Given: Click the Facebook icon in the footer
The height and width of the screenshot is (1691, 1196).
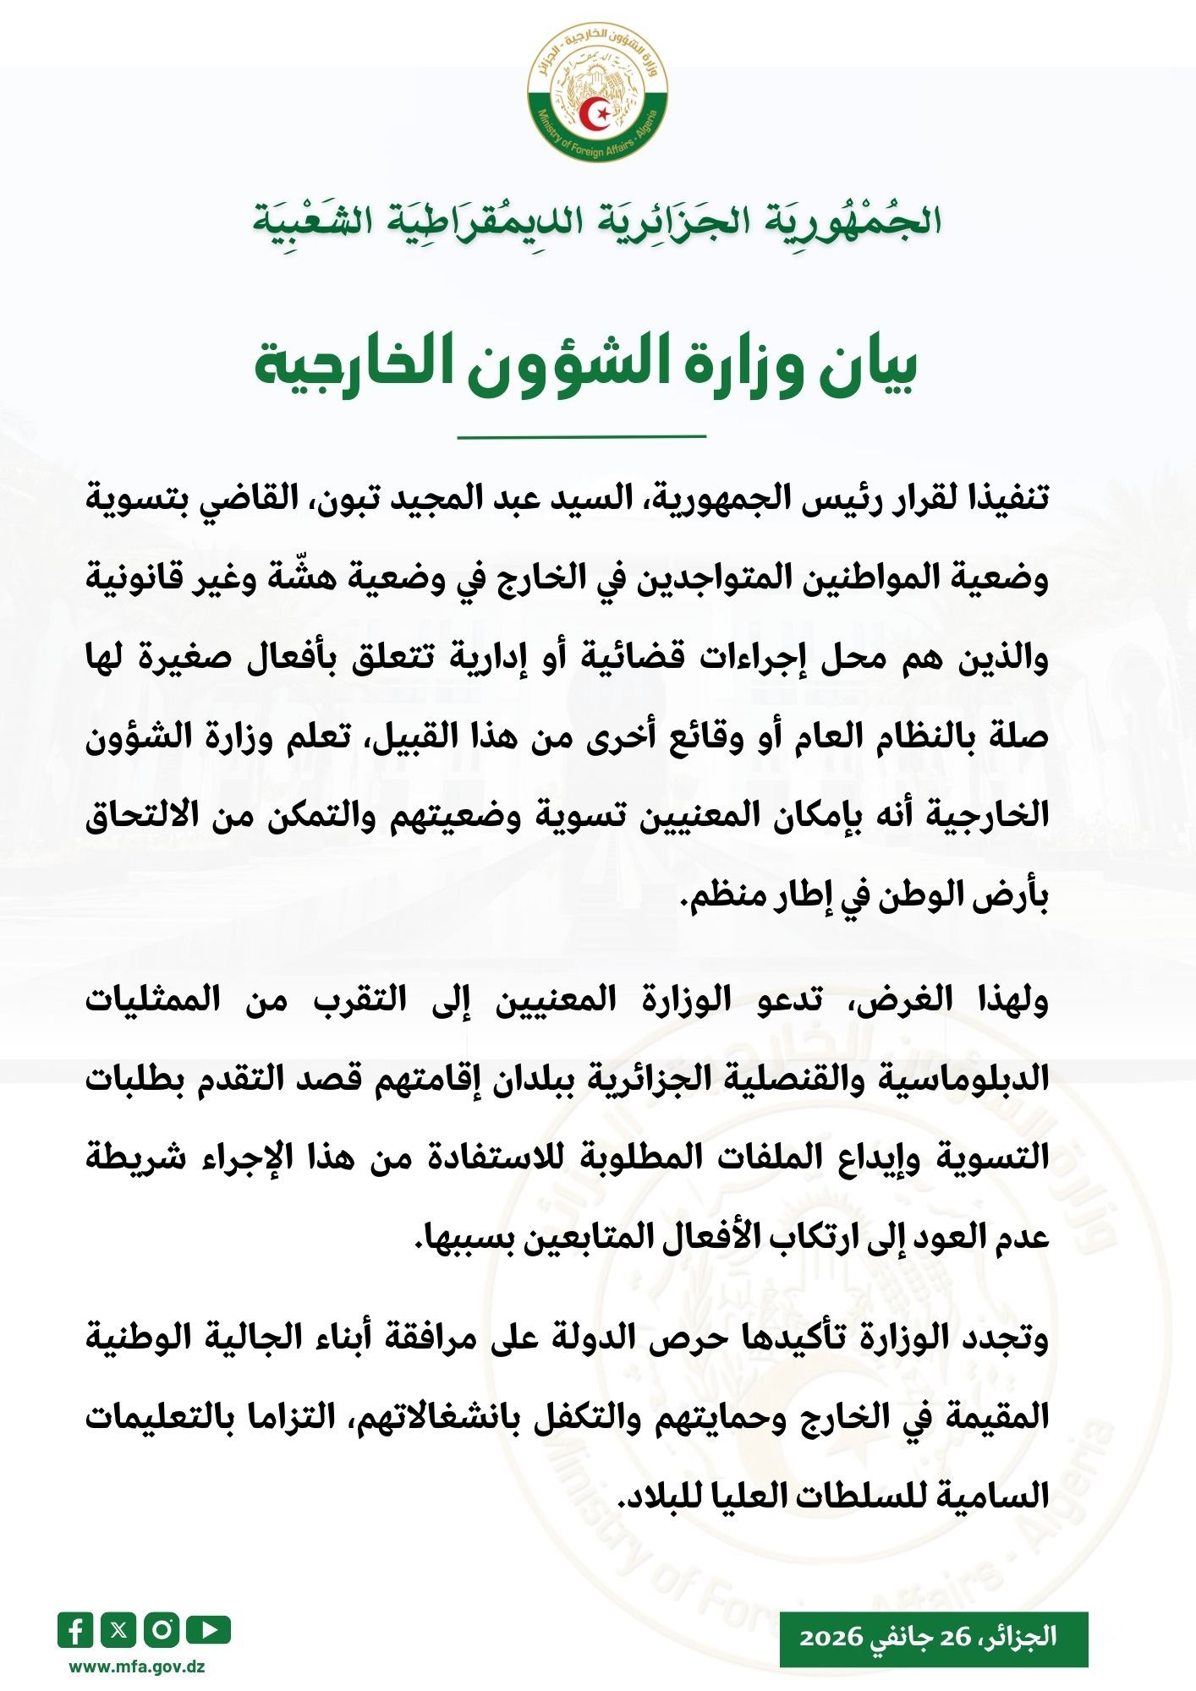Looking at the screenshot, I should tap(75, 1630).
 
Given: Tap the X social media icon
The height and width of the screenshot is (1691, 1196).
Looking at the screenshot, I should tap(118, 1630).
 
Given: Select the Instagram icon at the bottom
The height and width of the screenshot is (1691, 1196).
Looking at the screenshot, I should tap(162, 1630).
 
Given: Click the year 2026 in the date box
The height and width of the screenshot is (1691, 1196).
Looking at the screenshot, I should tap(831, 1636).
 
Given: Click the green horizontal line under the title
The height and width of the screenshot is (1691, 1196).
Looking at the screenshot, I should tap(581, 436).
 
